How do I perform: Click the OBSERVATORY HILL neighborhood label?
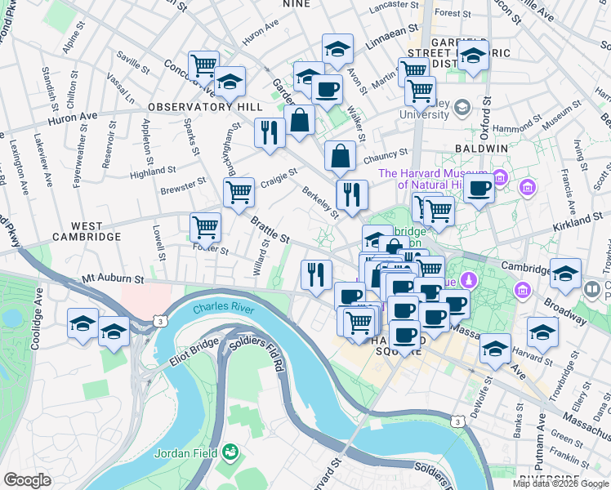click(205, 107)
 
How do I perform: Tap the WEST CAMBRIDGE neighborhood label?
click(86, 231)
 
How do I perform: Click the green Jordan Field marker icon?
click(231, 450)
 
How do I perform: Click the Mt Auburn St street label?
click(113, 279)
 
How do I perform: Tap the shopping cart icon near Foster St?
click(205, 226)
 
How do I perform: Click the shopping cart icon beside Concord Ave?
click(203, 65)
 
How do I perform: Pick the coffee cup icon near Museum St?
click(479, 189)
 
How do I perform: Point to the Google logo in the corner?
click(28, 479)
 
